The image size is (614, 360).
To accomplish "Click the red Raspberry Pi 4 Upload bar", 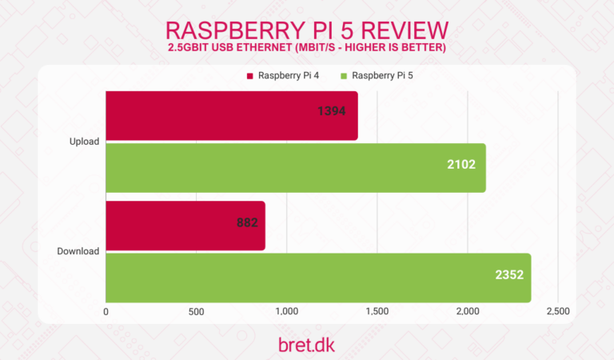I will (231, 116).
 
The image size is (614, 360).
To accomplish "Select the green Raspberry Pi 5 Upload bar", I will (295, 167).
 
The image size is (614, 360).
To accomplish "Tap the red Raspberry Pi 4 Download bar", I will (185, 226).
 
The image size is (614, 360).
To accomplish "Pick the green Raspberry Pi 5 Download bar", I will (317, 277).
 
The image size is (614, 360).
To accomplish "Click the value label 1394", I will (331, 112).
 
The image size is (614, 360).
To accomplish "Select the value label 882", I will (246, 223).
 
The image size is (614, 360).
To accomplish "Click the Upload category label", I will (84, 142).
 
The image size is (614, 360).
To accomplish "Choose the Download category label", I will (78, 251).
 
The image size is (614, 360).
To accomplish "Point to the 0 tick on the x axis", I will (106, 312).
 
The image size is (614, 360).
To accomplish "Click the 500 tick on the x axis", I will (197, 312).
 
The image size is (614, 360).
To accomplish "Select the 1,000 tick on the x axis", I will (286, 312).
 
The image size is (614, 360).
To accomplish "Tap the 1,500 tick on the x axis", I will (377, 312).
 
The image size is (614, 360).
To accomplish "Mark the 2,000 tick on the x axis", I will (467, 312).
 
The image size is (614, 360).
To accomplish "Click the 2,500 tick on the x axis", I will (557, 312).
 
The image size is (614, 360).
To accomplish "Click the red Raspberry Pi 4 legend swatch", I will (249, 77).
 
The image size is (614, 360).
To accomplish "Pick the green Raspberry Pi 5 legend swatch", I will (344, 77).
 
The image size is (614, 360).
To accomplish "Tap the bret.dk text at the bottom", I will (306, 344).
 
